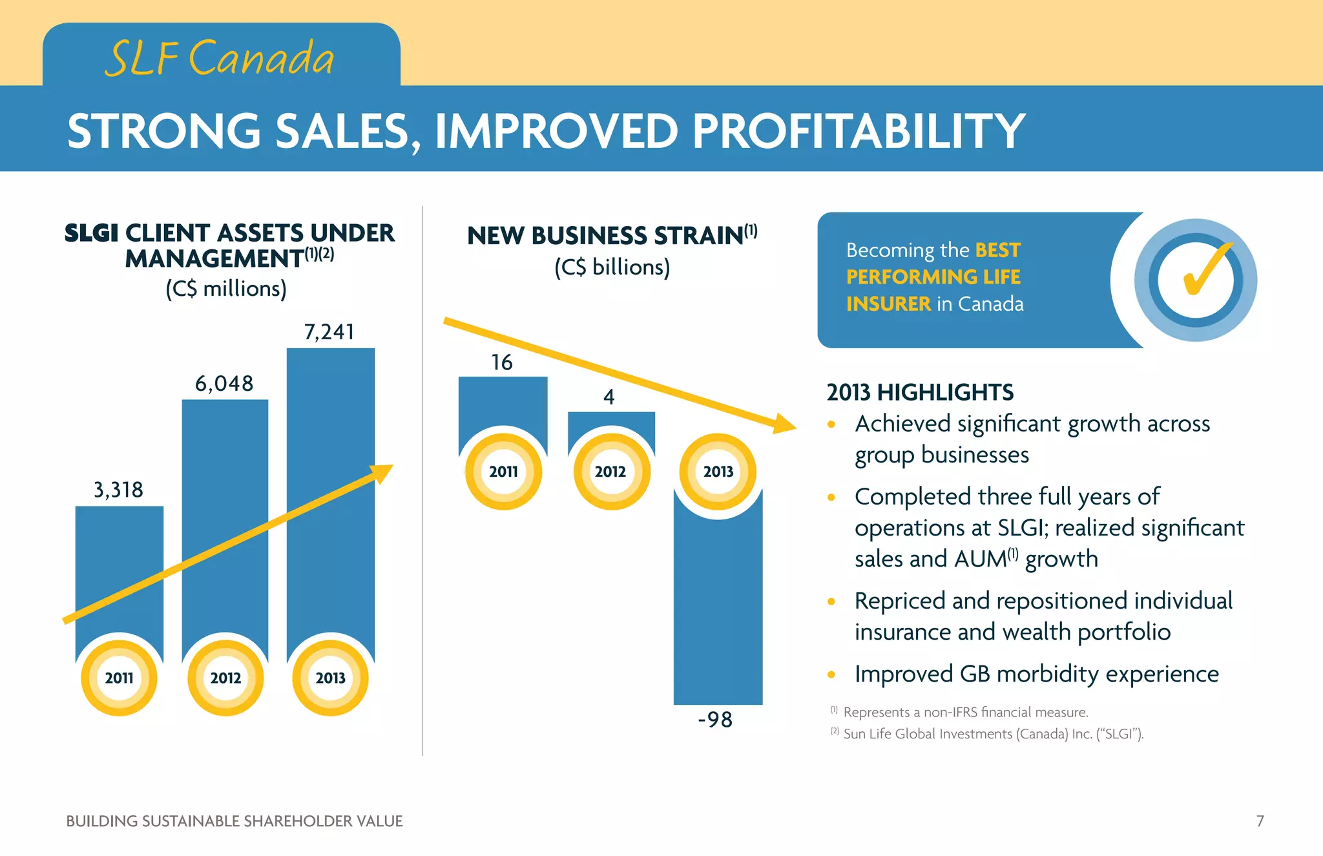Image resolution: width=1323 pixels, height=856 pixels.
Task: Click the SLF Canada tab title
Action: (x=220, y=58)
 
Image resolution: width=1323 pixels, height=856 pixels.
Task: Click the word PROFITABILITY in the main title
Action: (x=859, y=131)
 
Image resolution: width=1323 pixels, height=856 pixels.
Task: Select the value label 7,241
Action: (x=329, y=332)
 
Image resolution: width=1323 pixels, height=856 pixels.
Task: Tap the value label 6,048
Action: (x=224, y=384)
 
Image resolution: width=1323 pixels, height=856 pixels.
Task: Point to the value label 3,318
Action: (x=118, y=490)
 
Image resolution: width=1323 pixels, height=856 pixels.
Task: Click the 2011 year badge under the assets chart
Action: (x=119, y=678)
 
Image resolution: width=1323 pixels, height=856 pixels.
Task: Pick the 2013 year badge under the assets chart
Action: (x=330, y=678)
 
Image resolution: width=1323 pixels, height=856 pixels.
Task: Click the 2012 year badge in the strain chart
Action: (x=610, y=472)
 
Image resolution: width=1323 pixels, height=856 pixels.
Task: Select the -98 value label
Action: (x=715, y=720)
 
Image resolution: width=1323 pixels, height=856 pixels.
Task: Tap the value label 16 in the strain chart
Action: (x=502, y=362)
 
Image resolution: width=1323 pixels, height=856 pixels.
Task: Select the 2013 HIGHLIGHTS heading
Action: (x=920, y=392)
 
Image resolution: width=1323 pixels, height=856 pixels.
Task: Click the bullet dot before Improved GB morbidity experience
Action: (x=831, y=675)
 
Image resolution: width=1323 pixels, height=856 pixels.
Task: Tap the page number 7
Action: (x=1260, y=821)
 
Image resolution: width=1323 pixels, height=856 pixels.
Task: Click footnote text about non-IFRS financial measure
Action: (x=965, y=712)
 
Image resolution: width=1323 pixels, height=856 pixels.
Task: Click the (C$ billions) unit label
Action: (x=612, y=267)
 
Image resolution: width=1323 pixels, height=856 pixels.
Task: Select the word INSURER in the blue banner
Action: (x=888, y=304)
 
